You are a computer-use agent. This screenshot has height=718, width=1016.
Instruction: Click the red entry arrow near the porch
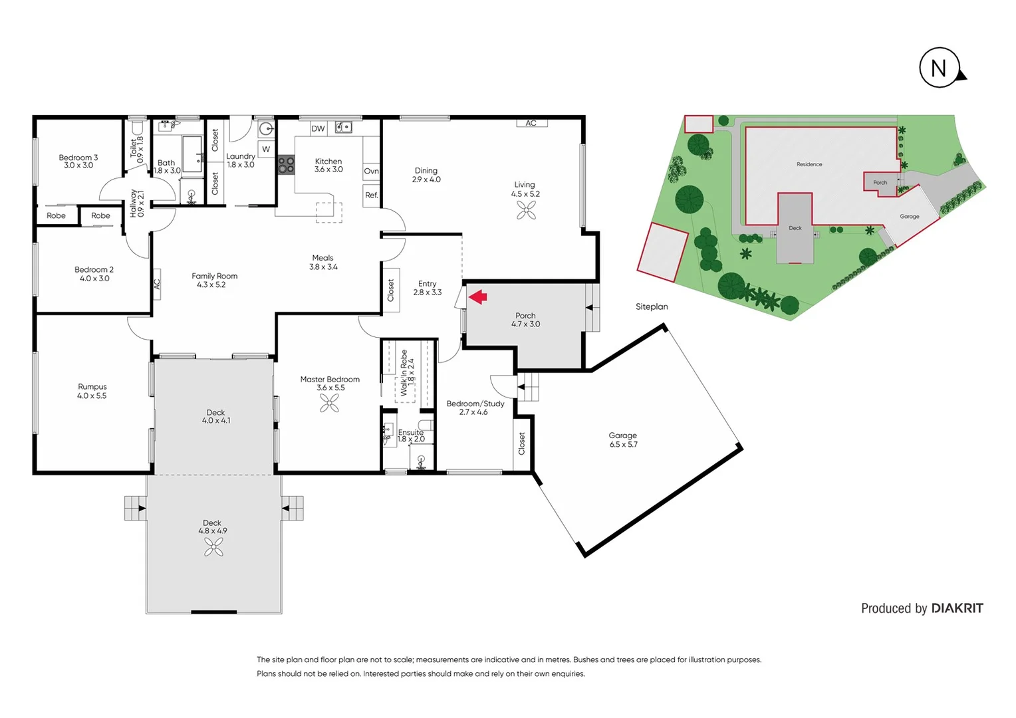click(x=477, y=297)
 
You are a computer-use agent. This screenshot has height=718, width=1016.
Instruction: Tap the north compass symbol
click(x=939, y=68)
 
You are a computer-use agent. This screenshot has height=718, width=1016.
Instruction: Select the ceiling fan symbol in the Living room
click(x=526, y=210)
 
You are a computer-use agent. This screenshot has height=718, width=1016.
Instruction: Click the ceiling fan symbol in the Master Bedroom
click(x=329, y=403)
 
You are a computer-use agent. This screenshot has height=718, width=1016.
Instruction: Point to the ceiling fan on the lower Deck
click(x=213, y=546)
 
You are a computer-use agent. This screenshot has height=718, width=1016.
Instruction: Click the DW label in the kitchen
click(x=318, y=128)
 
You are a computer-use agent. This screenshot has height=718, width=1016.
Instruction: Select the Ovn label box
click(x=371, y=171)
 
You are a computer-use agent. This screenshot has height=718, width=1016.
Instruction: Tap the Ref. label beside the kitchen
click(x=371, y=195)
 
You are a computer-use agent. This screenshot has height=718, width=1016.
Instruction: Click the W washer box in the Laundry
click(x=266, y=149)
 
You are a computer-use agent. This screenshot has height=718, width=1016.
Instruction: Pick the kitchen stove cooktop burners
click(x=286, y=165)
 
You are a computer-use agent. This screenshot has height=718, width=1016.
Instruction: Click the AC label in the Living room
click(x=531, y=123)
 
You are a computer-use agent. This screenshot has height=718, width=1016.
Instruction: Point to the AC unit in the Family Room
click(x=157, y=284)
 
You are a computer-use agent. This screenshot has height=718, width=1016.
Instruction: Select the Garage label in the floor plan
click(x=622, y=435)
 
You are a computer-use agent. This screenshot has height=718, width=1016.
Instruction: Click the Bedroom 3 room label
click(x=78, y=158)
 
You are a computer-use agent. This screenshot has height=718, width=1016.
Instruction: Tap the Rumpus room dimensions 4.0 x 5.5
click(x=92, y=396)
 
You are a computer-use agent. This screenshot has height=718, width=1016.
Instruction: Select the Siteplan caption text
click(x=652, y=306)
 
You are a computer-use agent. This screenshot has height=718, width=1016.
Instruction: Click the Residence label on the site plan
click(x=809, y=164)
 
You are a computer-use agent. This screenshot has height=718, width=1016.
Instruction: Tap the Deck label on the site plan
click(x=795, y=228)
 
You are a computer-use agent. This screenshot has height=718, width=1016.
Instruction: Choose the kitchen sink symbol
click(x=343, y=127)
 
